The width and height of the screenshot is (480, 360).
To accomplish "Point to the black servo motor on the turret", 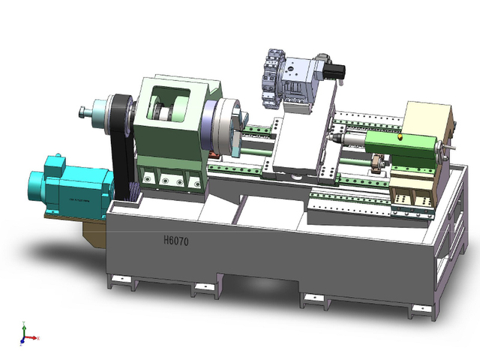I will pos(334,71).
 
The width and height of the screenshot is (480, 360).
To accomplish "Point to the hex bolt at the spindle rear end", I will pos(82,113).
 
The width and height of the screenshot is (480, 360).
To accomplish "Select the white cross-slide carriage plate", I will pos(300,142).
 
